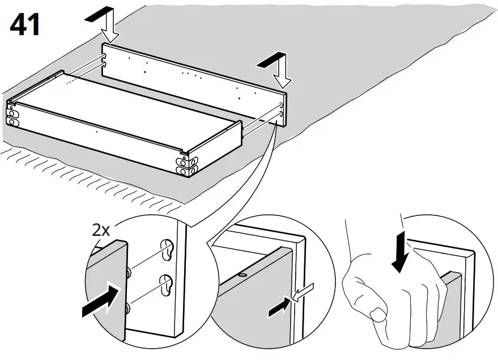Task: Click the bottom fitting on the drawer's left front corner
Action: (x=12, y=120)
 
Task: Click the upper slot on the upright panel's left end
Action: (x=105, y=57)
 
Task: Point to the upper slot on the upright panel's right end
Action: (x=282, y=105)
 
